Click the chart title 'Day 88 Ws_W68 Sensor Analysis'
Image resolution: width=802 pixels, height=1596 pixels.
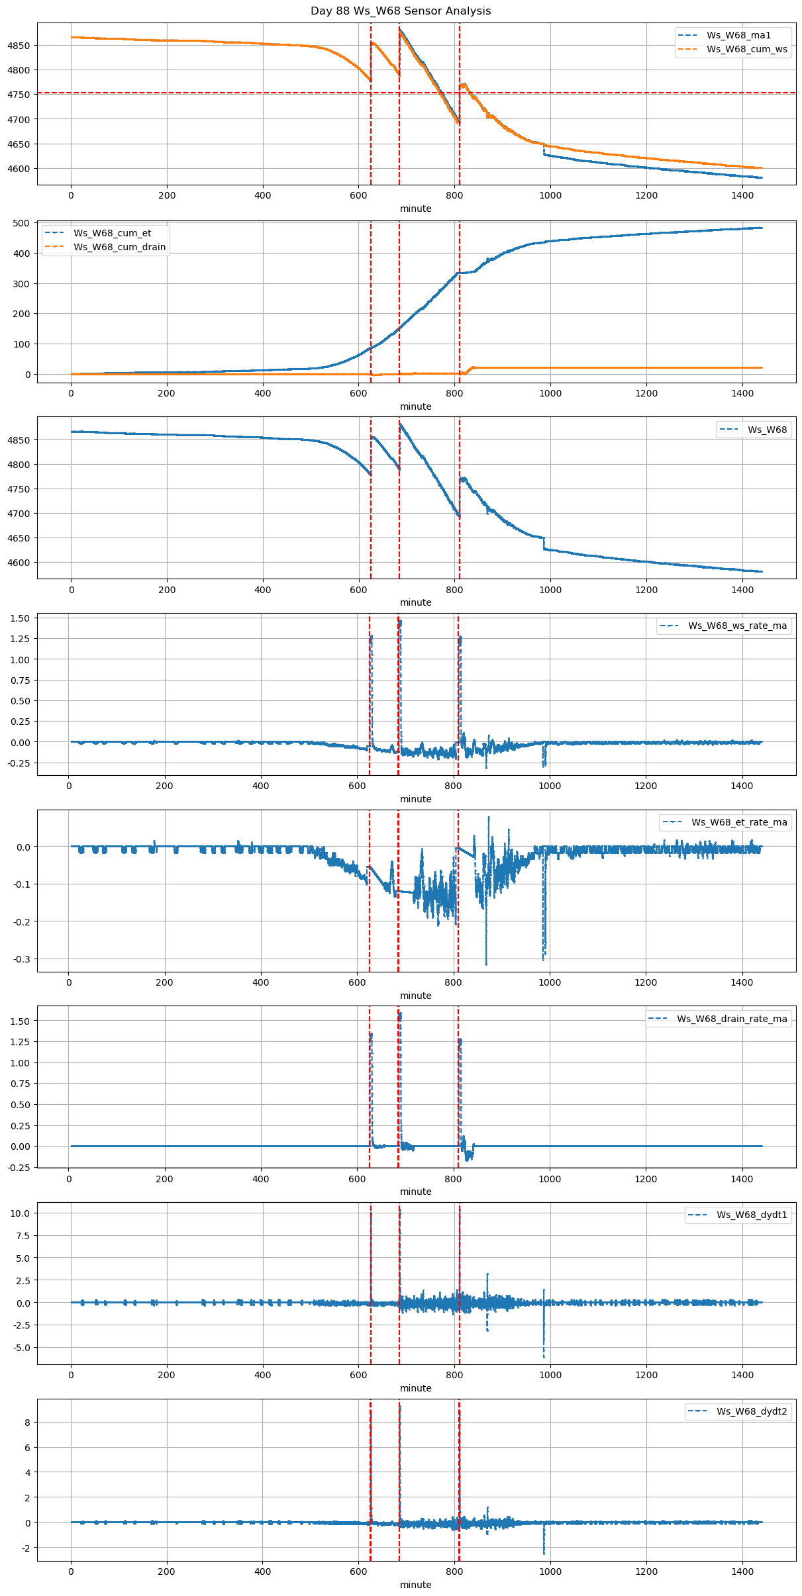coord(401,11)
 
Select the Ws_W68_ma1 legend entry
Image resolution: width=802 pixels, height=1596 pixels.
coord(738,35)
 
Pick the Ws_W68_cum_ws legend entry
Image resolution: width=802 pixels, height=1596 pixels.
coord(746,49)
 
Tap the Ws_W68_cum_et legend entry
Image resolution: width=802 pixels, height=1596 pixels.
coord(112,233)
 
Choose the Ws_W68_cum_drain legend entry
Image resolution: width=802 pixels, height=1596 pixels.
coord(119,247)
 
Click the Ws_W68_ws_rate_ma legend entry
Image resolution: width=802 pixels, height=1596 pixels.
coord(737,626)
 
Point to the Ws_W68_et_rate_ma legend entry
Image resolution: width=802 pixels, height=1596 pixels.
coord(739,822)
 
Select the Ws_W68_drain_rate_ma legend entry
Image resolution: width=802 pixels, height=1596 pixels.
coord(732,1019)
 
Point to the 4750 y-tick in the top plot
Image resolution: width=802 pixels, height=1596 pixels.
coord(19,95)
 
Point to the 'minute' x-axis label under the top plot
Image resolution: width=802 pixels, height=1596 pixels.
coord(415,209)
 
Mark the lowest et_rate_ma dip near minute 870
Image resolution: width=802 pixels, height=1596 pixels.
coord(486,964)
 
